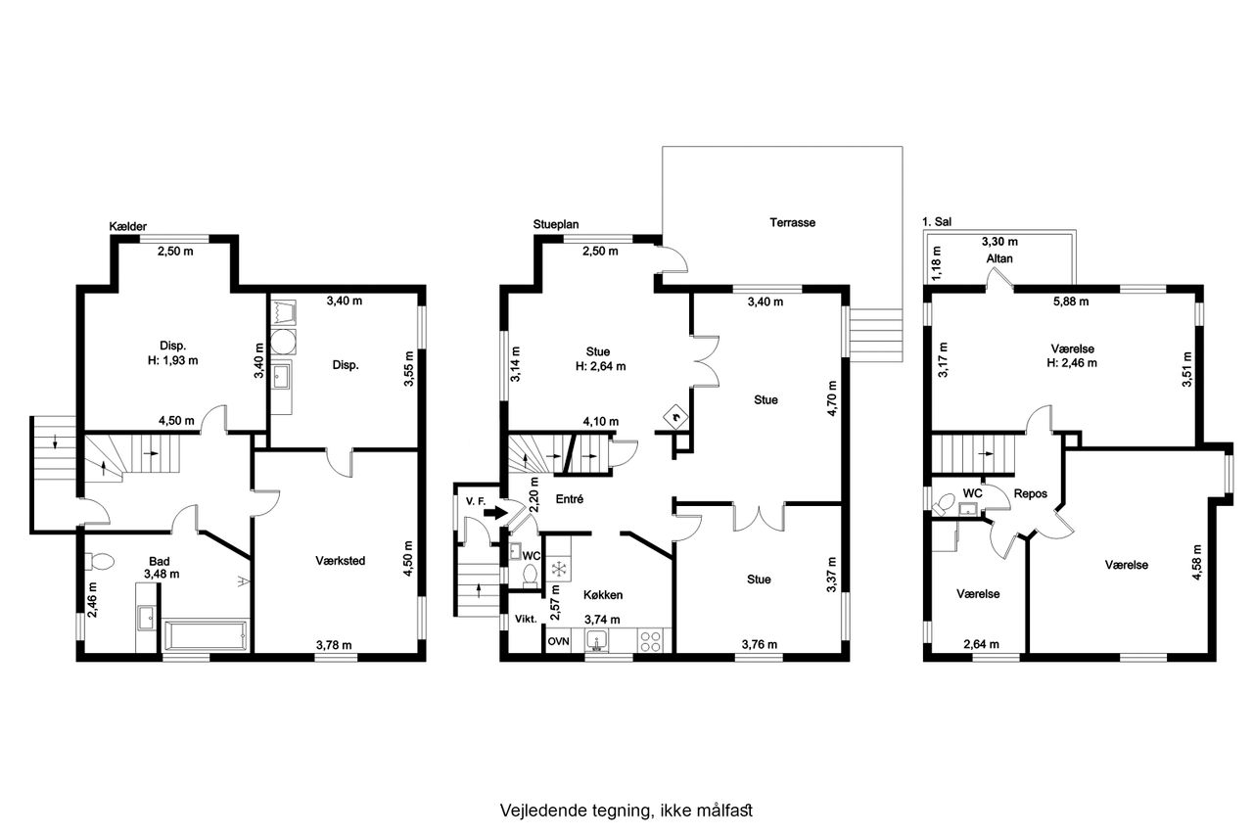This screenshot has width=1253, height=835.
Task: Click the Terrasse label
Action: tap(792, 222)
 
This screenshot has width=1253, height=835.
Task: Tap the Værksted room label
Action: tap(340, 560)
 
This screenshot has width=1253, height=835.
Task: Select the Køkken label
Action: tap(602, 595)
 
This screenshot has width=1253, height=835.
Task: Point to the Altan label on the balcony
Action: tap(999, 258)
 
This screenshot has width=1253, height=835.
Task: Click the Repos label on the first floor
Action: tap(1031, 493)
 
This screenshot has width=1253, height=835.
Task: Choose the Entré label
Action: tap(570, 499)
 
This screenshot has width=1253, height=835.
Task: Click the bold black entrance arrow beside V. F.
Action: tap(495, 512)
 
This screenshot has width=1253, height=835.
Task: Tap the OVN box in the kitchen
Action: tap(558, 641)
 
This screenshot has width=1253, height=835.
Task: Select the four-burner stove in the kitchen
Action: tap(650, 641)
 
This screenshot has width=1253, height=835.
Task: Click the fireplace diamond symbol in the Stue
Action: tap(675, 416)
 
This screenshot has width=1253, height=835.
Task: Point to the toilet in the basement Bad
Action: tap(99, 561)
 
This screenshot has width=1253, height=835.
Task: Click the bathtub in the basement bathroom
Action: tap(205, 635)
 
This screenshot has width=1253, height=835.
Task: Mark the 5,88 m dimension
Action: tap(1071, 302)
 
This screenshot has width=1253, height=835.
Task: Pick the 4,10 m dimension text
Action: tap(601, 421)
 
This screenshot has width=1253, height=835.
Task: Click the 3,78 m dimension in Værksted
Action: tap(334, 645)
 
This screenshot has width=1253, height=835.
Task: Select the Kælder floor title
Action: tap(128, 226)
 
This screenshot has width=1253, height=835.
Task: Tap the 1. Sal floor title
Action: tap(937, 221)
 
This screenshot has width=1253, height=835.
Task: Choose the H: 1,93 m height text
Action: tap(173, 361)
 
